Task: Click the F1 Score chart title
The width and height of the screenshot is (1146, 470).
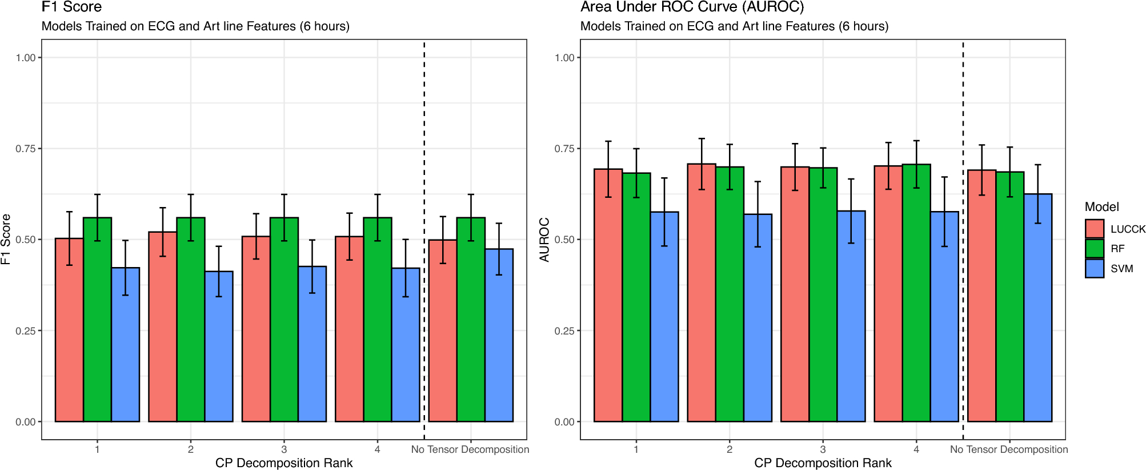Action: pos(71,7)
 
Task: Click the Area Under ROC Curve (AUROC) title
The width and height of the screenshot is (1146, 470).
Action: pos(692,7)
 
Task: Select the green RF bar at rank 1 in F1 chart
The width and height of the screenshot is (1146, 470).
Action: pos(97,320)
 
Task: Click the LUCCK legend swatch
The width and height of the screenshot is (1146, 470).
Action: pos(1095,229)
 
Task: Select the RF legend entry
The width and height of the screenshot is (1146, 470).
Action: pos(1117,249)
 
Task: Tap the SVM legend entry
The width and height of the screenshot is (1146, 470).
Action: pos(1121,269)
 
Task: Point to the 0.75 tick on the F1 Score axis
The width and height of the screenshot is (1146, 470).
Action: pos(26,149)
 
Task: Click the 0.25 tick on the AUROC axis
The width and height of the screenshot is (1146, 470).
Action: pos(564,330)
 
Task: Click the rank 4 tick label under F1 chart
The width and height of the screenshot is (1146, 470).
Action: pos(377,449)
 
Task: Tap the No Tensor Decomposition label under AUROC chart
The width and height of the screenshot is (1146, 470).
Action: pos(1009,449)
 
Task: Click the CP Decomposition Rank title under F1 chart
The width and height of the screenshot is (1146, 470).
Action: pos(284,463)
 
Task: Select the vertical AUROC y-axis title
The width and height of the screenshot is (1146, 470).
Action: pos(544,240)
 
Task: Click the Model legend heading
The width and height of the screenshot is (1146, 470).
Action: pos(1101,207)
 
